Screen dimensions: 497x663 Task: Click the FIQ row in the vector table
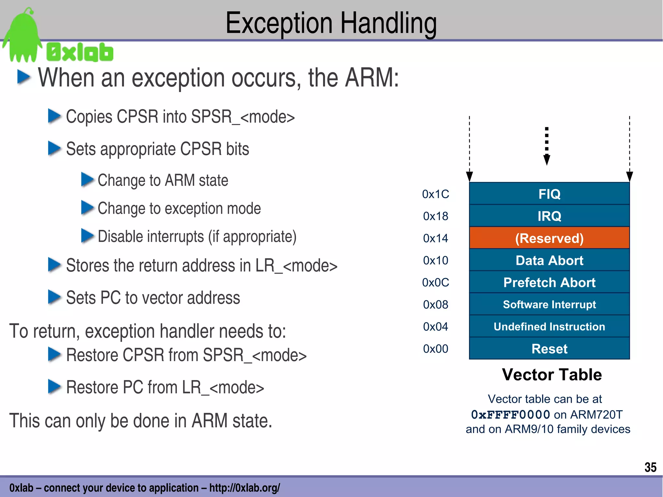tap(549, 194)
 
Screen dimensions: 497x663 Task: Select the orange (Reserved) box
tap(549, 238)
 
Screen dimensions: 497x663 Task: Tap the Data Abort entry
tap(549, 260)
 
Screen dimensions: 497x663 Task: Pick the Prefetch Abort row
tap(549, 282)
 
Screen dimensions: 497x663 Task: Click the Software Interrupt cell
tap(549, 304)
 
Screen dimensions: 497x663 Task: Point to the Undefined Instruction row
tap(549, 326)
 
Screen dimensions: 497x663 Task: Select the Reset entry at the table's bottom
tap(549, 349)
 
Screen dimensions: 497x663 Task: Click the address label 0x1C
tap(435, 194)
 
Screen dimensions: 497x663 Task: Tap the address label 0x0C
tap(435, 282)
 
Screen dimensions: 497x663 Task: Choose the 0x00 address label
tap(435, 349)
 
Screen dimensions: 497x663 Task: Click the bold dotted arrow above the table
tap(547, 146)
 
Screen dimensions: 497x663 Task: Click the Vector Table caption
tap(552, 375)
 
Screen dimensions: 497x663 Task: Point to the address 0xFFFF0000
tap(510, 414)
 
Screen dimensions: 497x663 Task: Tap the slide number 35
tap(650, 467)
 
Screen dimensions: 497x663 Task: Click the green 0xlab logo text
tap(80, 52)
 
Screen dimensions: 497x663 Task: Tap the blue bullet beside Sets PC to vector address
tap(54, 297)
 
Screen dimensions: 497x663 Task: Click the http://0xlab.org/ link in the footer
tap(244, 488)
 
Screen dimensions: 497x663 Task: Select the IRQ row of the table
tap(549, 216)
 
